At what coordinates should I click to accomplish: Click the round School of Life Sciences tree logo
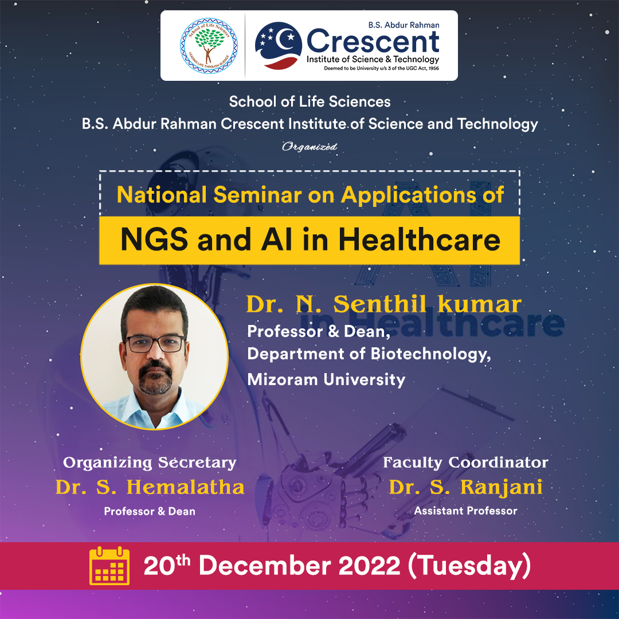pos(209,46)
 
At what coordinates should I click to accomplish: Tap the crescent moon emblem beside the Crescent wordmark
pos(279,45)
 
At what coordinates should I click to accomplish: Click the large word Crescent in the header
pos(373,41)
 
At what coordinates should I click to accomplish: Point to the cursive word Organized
pos(309,147)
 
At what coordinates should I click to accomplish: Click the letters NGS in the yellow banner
pos(154,240)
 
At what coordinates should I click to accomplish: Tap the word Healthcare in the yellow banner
pos(419,239)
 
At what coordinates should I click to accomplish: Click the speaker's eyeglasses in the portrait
pos(155,343)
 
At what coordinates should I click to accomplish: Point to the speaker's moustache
pos(155,367)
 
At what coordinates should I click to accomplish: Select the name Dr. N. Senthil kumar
pos(383,304)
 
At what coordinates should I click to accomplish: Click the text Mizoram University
pos(326,379)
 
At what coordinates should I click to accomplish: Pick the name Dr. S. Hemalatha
pos(150,487)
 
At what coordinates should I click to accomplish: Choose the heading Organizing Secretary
pos(150,463)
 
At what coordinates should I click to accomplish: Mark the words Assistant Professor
pos(465,511)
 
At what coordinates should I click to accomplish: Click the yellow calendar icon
pos(109,566)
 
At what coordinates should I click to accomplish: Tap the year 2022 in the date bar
pos(369,566)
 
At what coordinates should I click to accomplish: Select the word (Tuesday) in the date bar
pos(469,566)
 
